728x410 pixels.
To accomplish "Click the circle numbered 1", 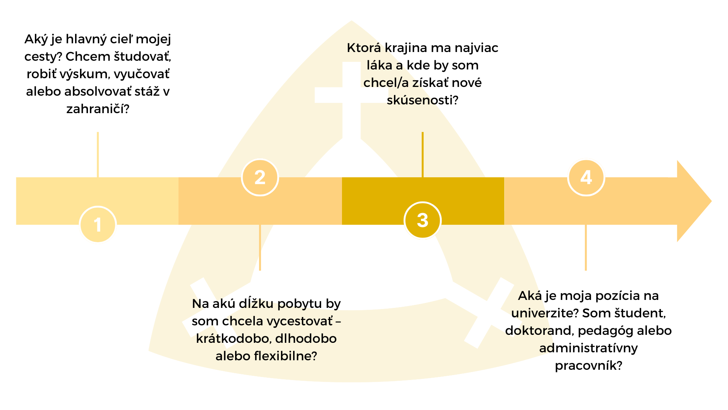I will click(98, 225).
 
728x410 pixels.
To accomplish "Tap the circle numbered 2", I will click(260, 177).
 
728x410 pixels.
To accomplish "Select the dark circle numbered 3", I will click(422, 220).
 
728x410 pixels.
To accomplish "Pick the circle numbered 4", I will click(586, 177).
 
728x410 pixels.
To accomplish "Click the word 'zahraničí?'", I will click(98, 109).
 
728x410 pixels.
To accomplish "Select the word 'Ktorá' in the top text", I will click(364, 48).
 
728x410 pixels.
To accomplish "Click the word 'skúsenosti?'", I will click(422, 100).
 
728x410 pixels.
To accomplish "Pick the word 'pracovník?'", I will click(588, 366).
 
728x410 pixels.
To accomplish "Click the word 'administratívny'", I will click(588, 348).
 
